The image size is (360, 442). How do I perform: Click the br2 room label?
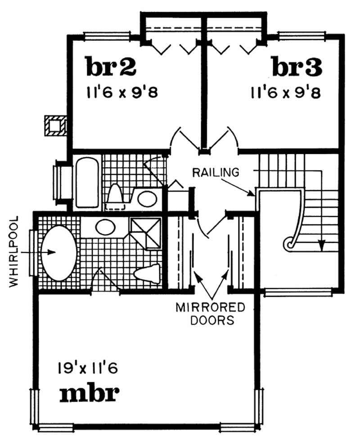(x=111, y=67)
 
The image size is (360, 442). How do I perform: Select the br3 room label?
(x=297, y=67)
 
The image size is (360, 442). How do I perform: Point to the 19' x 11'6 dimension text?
(x=88, y=369)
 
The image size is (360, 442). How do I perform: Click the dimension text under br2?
(x=121, y=93)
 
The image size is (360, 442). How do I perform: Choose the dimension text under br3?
(x=285, y=93)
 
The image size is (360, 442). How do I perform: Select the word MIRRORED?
(x=210, y=308)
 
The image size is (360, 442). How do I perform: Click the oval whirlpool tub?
(x=58, y=252)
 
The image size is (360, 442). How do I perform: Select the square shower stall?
(x=145, y=232)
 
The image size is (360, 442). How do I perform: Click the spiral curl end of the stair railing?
(x=288, y=244)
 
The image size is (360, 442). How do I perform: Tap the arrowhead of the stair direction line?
(x=321, y=246)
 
